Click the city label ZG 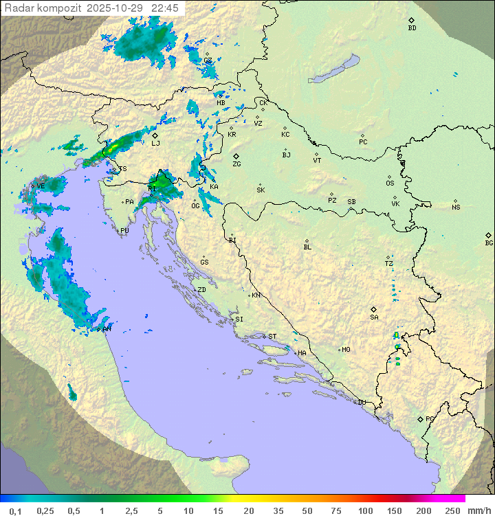point(236,164)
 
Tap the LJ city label point(155,143)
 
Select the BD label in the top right point(412,28)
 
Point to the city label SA point(374,317)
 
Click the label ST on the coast point(272,337)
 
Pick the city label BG point(489,243)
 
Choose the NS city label point(456,207)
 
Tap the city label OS point(390,183)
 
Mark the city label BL point(307,247)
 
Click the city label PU point(124,231)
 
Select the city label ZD point(201,290)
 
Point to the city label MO point(346,350)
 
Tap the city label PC point(363,142)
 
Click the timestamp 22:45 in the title point(165,8)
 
